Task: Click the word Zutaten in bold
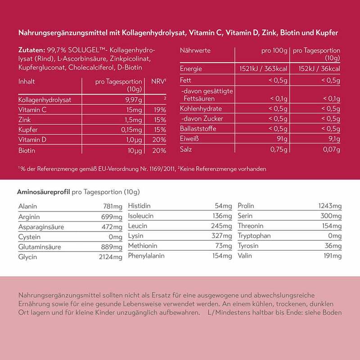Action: click(x=31, y=50)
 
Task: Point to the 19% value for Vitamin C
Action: click(x=160, y=109)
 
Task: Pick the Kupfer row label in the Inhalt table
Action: click(x=27, y=130)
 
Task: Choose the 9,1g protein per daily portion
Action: click(x=333, y=139)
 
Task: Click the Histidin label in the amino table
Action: click(x=140, y=206)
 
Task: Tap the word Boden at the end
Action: click(x=332, y=312)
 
